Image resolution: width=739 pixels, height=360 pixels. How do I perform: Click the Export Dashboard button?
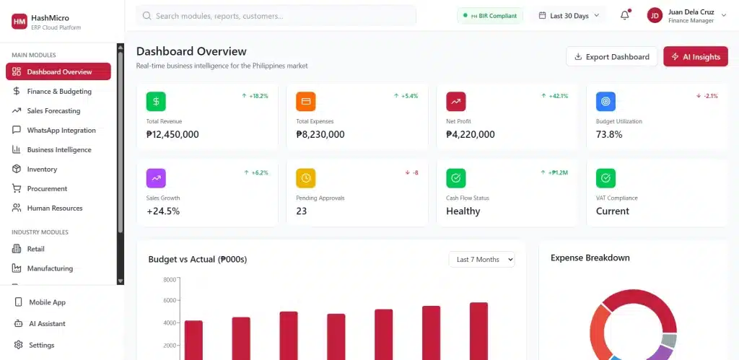[612, 57]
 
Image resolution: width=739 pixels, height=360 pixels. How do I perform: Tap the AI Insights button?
[696, 57]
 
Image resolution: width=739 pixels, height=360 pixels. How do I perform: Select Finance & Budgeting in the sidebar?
[58, 92]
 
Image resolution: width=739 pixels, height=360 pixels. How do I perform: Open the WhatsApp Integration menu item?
[61, 131]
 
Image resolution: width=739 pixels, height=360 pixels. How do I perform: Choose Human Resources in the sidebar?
[54, 208]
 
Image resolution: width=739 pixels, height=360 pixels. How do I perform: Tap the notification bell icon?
[625, 16]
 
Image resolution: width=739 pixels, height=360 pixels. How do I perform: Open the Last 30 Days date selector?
[569, 16]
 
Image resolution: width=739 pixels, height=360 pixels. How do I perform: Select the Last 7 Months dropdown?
[481, 260]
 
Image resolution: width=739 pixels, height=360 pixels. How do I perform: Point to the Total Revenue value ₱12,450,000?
[172, 134]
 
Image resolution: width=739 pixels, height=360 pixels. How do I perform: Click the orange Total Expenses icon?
[306, 102]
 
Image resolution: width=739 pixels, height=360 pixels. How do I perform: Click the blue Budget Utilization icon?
[605, 102]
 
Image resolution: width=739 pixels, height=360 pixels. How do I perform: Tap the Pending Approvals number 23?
[302, 211]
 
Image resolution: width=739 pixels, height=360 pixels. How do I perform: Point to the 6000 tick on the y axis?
[170, 301]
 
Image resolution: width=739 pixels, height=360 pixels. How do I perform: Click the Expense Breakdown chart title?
[590, 258]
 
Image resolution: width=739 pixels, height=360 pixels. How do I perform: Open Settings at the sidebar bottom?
[41, 346]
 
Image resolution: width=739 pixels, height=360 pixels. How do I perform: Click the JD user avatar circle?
[655, 16]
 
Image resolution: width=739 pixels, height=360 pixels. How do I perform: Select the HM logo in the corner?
[19, 22]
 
